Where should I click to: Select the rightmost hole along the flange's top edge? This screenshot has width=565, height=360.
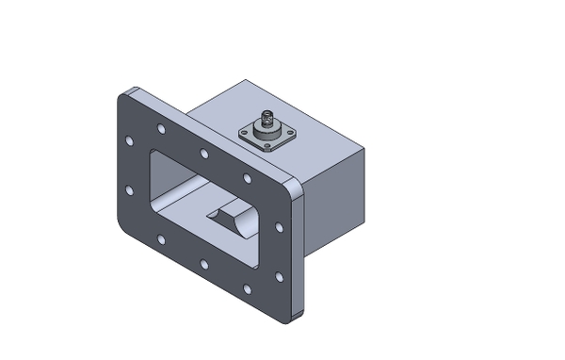click(x=247, y=177)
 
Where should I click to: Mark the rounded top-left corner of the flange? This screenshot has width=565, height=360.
click(x=124, y=97)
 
